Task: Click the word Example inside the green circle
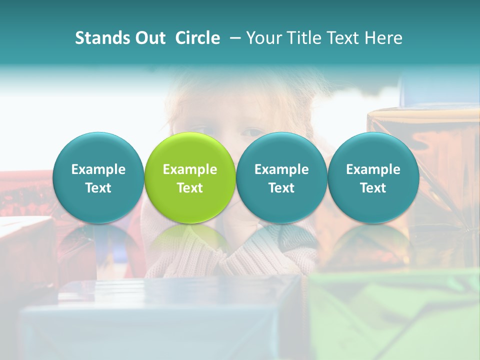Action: point(190,169)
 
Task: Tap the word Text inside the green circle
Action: point(190,188)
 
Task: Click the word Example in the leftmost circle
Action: point(98,169)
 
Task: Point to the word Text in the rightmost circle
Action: point(373,188)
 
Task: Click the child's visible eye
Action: point(252,132)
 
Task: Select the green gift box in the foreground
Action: point(395,315)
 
